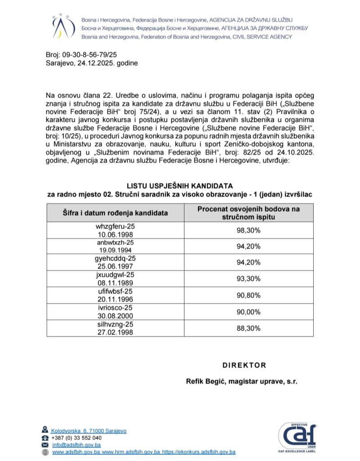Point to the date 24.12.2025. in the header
pos(96,63)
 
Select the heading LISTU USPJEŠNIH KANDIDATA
pos(180,185)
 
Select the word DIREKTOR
pos(244,365)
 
